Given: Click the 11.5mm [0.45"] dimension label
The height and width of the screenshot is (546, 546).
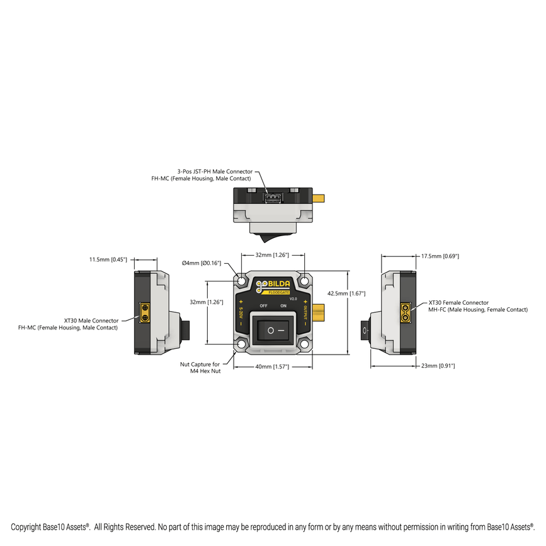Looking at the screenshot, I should coord(108,259).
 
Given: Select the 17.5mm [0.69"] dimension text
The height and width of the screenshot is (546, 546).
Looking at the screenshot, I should coord(440,256).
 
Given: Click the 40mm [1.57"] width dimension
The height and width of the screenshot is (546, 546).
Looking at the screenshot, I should coord(272,367).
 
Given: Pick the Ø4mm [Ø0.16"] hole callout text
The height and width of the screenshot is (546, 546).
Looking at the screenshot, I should coord(202,263).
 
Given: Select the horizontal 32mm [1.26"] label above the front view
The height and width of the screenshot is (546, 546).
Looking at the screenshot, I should coord(273,255).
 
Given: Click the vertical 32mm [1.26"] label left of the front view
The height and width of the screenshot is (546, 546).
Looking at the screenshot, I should coord(207,302).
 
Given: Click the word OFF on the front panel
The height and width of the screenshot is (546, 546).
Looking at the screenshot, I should coord(264,305).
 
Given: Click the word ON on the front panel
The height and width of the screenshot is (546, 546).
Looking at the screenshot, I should coord(283,305).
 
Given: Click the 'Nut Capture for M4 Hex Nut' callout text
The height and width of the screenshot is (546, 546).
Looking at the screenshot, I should coord(200,368).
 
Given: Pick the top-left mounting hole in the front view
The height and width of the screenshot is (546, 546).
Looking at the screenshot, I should coord(242,279).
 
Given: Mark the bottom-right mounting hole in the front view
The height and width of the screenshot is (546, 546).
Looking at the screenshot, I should coord(304,344).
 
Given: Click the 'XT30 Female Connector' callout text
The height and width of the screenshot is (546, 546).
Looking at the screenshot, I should coord(458,303).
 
